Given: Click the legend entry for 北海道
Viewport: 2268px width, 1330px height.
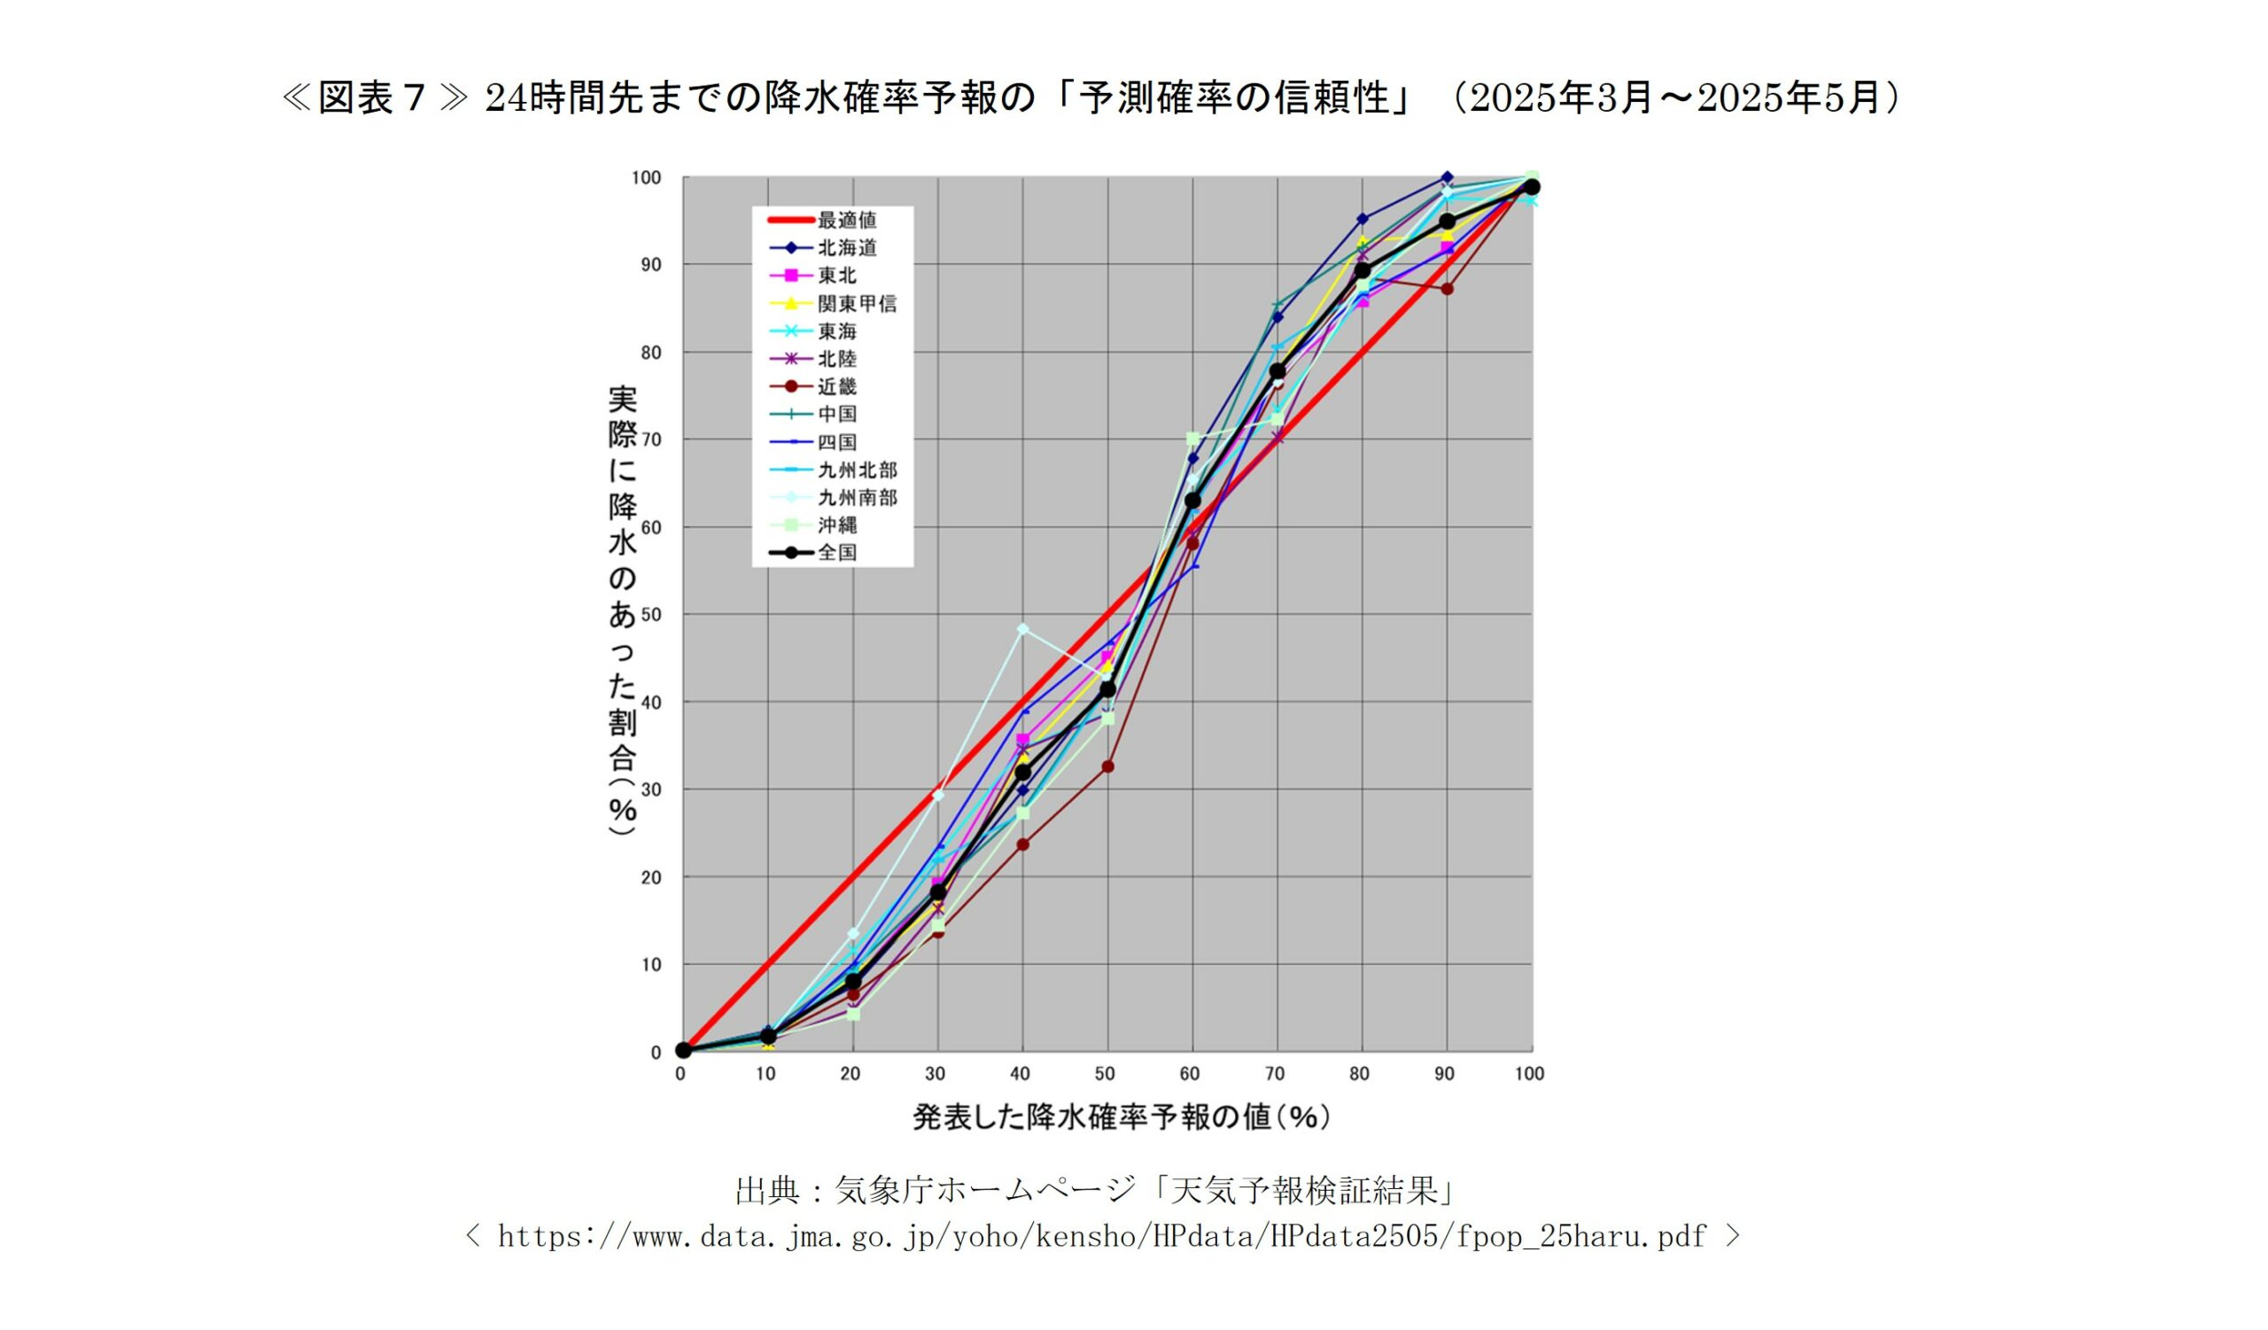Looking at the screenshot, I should pyautogui.click(x=846, y=248).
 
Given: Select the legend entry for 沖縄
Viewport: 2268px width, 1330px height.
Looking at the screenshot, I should pyautogui.click(x=836, y=525).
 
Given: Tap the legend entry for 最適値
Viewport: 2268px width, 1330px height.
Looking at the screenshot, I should pyautogui.click(x=846, y=221).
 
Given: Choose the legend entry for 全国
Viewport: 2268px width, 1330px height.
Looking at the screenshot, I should pyautogui.click(x=836, y=553).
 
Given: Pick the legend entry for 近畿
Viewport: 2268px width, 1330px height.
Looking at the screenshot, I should pyautogui.click(x=836, y=387).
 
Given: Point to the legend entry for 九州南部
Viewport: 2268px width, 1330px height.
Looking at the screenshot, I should pyautogui.click(x=856, y=498).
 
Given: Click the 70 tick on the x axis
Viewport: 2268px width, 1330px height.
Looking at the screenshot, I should pyautogui.click(x=1274, y=1074).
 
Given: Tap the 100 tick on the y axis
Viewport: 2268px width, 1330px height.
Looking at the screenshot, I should pyautogui.click(x=646, y=178).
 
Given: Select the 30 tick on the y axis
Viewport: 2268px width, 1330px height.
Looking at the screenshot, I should pyautogui.click(x=649, y=790).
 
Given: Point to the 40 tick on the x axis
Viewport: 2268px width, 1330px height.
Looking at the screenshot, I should pyautogui.click(x=1020, y=1074).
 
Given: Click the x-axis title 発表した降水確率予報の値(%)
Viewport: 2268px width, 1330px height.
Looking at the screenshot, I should pyautogui.click(x=1122, y=1117).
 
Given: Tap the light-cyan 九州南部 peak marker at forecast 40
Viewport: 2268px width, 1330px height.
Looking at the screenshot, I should pyautogui.click(x=1022, y=629).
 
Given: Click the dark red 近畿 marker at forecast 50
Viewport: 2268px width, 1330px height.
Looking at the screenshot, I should pyautogui.click(x=1108, y=766).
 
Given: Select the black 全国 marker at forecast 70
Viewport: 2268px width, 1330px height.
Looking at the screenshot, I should pyautogui.click(x=1278, y=370).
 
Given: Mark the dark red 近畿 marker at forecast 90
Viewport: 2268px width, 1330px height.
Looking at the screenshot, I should pyautogui.click(x=1448, y=289).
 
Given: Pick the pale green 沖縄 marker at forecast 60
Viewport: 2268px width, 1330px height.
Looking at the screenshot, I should pyautogui.click(x=1192, y=439).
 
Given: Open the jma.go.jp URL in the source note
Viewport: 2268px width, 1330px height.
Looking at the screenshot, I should pyautogui.click(x=1101, y=1236).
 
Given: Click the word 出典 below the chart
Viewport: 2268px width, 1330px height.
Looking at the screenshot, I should pyautogui.click(x=767, y=1191).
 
